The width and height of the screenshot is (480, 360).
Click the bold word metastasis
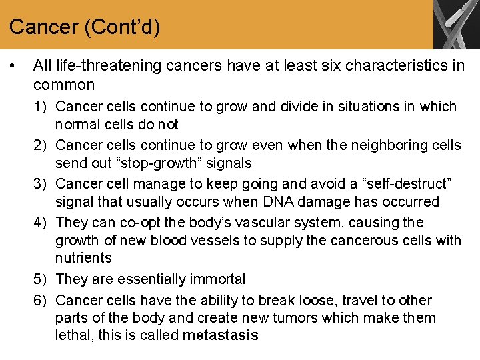click(220, 335)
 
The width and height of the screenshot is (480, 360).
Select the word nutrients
click(84, 258)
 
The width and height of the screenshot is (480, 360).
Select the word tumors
click(298, 318)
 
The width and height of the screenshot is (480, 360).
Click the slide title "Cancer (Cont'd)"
click(85, 27)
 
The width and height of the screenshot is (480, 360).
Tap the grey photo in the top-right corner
click(456, 25)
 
